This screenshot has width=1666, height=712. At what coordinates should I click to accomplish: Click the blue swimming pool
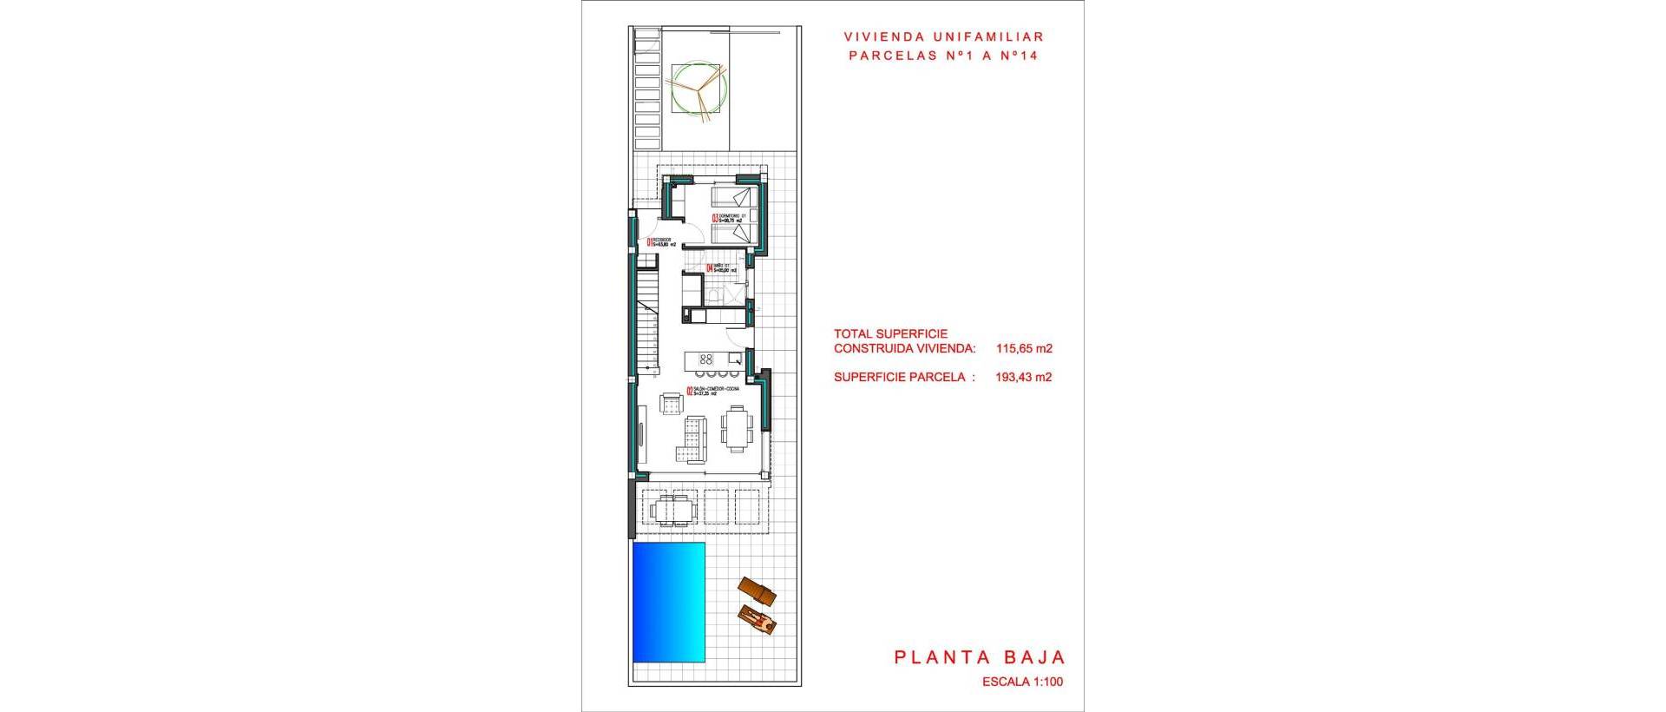[668, 612]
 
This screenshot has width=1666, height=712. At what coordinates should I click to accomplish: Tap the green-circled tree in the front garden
[699, 88]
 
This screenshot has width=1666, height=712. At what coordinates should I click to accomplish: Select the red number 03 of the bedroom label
[715, 220]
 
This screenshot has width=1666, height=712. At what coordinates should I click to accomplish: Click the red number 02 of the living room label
[689, 392]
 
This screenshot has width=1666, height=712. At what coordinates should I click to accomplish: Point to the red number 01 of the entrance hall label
[649, 242]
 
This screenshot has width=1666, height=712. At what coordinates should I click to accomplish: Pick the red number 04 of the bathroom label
[709, 269]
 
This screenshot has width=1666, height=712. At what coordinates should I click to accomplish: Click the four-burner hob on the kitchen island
[705, 359]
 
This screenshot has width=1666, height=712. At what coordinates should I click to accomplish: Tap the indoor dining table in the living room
[737, 429]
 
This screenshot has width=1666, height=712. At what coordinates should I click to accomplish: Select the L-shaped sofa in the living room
[692, 439]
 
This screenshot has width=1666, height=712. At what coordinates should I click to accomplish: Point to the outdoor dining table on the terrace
[673, 508]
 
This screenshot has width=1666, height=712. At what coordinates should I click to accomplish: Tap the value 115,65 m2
[1024, 349]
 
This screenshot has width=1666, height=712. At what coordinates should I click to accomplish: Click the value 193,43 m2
[1024, 377]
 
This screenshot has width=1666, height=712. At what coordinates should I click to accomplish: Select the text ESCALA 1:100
[1022, 682]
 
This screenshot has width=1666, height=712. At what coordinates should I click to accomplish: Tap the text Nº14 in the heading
[1019, 56]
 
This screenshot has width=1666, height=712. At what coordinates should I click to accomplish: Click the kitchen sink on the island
[735, 358]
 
